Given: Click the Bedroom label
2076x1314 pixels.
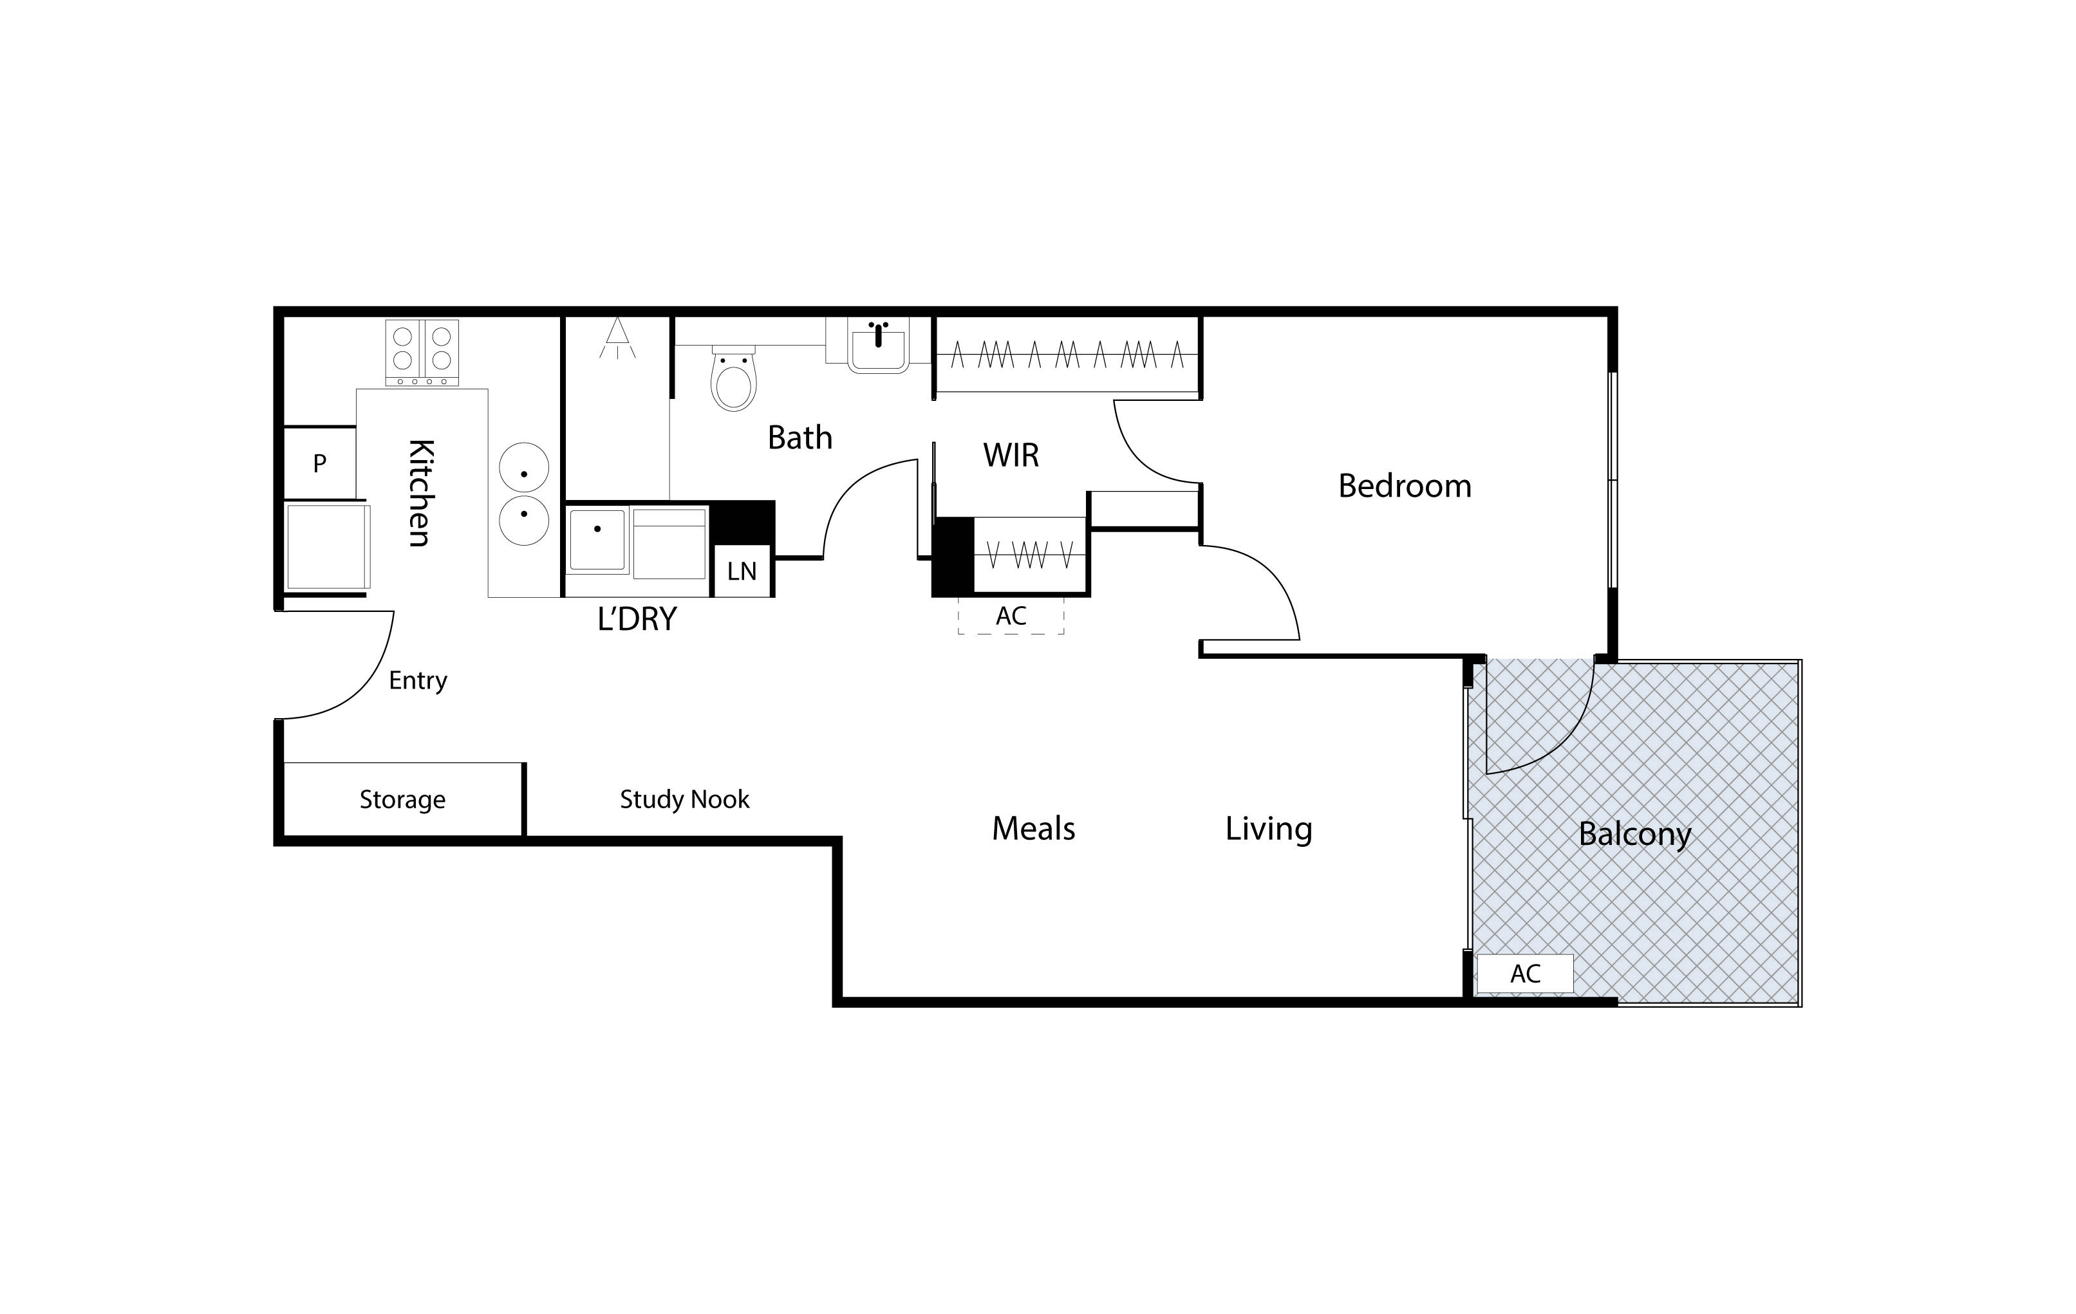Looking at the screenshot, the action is click(1405, 486).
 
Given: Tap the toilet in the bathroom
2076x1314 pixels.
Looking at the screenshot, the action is click(734, 378).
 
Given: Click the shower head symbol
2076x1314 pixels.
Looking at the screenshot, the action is click(617, 338).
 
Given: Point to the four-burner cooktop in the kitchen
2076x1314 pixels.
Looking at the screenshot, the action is click(422, 353).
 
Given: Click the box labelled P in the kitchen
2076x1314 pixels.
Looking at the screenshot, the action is click(320, 463).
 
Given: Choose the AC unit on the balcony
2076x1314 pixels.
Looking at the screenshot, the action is click(1525, 974).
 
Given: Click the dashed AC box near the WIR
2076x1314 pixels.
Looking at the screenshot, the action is click(1011, 615).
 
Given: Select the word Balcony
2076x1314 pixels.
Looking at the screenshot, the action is click(1634, 835).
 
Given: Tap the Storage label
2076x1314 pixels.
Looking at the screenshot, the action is click(402, 800).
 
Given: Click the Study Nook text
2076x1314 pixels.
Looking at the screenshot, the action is click(684, 800).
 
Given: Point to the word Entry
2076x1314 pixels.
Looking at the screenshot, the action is click(418, 681).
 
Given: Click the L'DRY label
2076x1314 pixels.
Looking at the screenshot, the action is click(637, 618).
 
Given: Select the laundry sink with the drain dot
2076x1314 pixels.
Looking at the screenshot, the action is click(597, 539).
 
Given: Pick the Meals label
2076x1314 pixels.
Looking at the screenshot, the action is click(1034, 829).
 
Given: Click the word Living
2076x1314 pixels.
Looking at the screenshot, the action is click(1269, 829).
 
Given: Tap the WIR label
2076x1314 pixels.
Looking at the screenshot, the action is click(1011, 455).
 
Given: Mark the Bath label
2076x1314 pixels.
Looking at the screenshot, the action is click(800, 438).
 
